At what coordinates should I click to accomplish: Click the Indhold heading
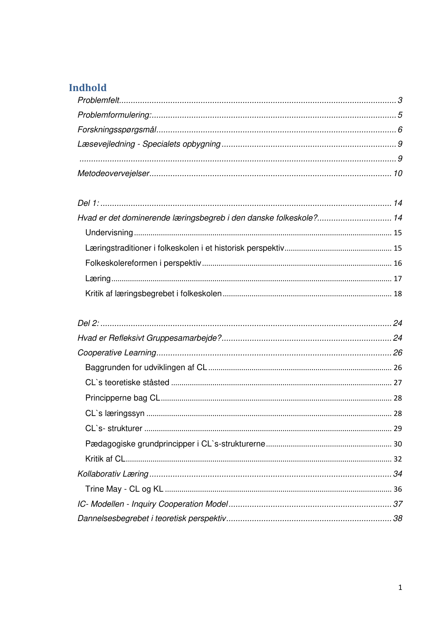tap(87, 88)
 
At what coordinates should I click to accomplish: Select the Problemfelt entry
tap(98, 100)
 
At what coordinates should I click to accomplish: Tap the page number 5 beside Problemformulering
tap(400, 115)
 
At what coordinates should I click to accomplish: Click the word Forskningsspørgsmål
tap(117, 130)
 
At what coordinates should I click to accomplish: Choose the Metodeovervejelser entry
tap(113, 174)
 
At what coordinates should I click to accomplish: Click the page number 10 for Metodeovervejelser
tap(398, 174)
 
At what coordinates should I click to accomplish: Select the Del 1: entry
tap(88, 203)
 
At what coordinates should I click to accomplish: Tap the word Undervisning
tap(109, 233)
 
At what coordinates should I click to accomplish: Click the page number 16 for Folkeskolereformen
tap(398, 263)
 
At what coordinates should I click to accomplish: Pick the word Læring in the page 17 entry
tap(98, 279)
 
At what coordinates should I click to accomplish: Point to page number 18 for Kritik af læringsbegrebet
tap(398, 294)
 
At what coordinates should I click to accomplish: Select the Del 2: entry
tap(88, 323)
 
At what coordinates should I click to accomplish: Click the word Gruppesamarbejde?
tap(184, 338)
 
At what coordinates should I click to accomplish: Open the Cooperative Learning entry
tap(117, 353)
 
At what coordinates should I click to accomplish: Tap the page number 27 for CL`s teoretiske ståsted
tap(398, 383)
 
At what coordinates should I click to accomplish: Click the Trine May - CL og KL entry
tap(124, 489)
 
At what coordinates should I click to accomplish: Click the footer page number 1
tap(400, 587)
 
